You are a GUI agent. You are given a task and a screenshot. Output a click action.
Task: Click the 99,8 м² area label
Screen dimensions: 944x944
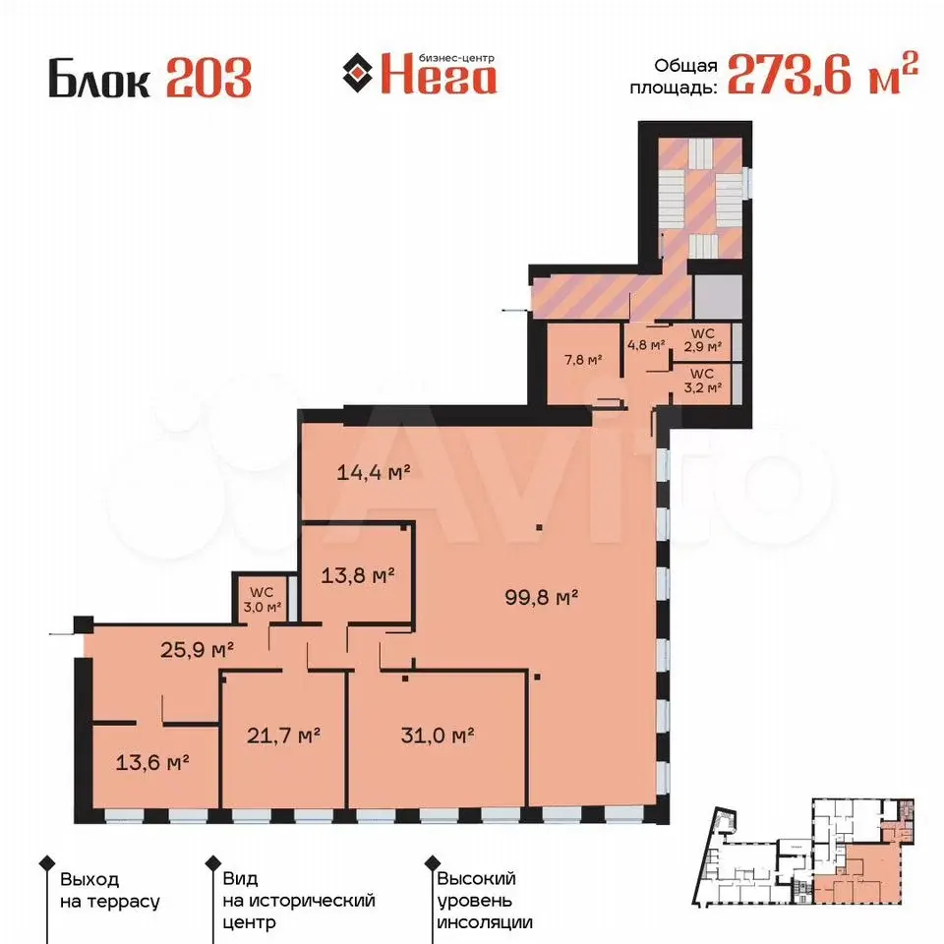(541, 597)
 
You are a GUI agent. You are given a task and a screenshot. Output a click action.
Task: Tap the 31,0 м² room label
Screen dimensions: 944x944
(438, 736)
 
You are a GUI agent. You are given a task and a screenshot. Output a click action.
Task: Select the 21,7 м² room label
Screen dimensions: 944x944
(283, 736)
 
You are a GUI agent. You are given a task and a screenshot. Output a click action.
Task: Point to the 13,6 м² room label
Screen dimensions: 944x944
(152, 763)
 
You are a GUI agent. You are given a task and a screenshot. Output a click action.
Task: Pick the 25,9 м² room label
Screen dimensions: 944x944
(197, 650)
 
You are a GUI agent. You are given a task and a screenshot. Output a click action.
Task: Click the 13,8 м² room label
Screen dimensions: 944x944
(358, 575)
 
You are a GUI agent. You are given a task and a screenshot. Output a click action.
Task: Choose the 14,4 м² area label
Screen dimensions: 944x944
(374, 472)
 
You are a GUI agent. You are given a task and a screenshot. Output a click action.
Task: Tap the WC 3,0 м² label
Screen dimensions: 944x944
(262, 600)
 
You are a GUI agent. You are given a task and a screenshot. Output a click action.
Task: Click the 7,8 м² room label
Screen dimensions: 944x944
(583, 360)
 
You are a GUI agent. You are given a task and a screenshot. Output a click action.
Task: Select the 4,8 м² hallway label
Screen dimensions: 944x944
(646, 345)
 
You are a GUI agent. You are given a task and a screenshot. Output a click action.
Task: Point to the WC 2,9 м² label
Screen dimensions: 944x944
(702, 340)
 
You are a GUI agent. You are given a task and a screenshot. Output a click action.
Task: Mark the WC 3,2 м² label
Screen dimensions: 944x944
(702, 381)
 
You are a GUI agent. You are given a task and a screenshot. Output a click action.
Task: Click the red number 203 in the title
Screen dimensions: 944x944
(208, 78)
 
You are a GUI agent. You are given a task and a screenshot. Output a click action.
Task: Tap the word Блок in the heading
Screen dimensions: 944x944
(99, 78)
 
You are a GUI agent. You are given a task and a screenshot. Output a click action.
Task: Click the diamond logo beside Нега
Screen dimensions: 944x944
(358, 73)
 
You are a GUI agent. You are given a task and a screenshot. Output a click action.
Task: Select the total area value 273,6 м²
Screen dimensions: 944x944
(823, 74)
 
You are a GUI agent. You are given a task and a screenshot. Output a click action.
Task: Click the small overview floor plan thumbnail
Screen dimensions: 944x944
(803, 853)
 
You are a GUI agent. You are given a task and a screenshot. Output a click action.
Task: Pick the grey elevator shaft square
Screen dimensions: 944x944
(718, 297)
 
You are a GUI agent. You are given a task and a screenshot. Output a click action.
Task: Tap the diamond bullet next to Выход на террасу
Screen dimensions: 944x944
(47, 863)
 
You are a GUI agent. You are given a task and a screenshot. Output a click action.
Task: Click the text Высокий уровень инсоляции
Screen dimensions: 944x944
(485, 901)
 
